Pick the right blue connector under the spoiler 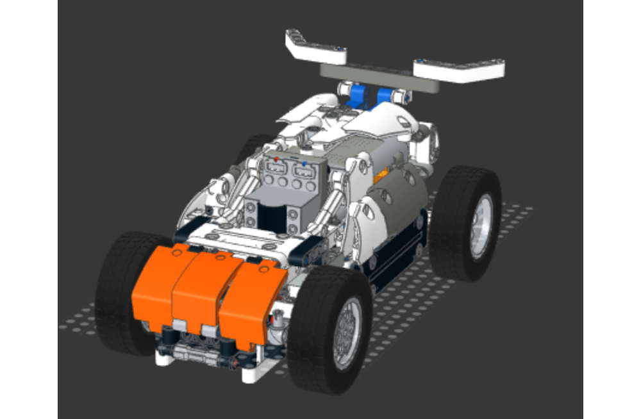[x=386, y=96]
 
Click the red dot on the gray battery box [x=276, y=158]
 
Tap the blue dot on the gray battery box [x=304, y=163]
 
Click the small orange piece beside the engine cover [x=383, y=173]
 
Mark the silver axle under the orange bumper [x=192, y=352]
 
